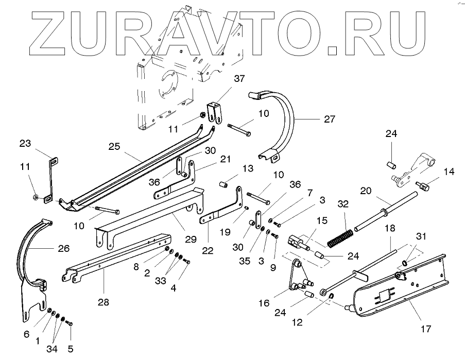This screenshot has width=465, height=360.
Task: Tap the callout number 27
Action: pos(329,119)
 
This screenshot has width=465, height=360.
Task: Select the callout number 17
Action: pos(425,328)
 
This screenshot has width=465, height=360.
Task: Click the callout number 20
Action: pos(366,191)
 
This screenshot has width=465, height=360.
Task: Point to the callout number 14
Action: pos(450,172)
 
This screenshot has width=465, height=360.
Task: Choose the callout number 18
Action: pos(390,228)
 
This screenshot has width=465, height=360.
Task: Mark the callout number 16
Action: pos(264,304)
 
